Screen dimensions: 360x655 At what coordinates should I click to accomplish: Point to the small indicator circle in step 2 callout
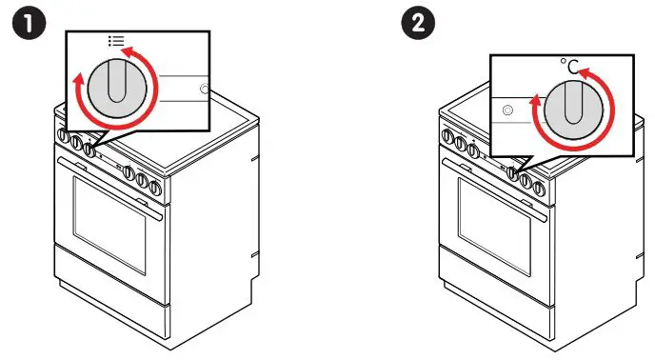click(506, 110)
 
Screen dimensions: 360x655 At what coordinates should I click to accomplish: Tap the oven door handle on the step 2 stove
click(495, 182)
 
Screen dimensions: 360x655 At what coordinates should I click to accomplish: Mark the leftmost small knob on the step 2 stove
click(448, 136)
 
